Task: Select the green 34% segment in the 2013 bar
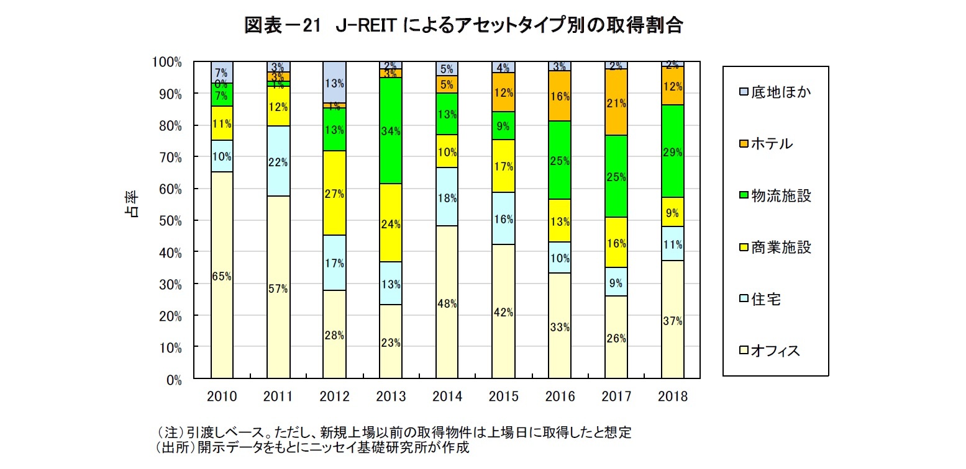click(391, 130)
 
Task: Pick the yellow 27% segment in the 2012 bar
click(334, 193)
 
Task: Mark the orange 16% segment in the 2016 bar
click(560, 96)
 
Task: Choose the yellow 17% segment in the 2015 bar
click(503, 166)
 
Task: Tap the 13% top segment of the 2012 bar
click(334, 82)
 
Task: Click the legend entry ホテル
click(767, 143)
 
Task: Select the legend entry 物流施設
click(775, 195)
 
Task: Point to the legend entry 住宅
click(760, 299)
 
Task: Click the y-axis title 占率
click(132, 205)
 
